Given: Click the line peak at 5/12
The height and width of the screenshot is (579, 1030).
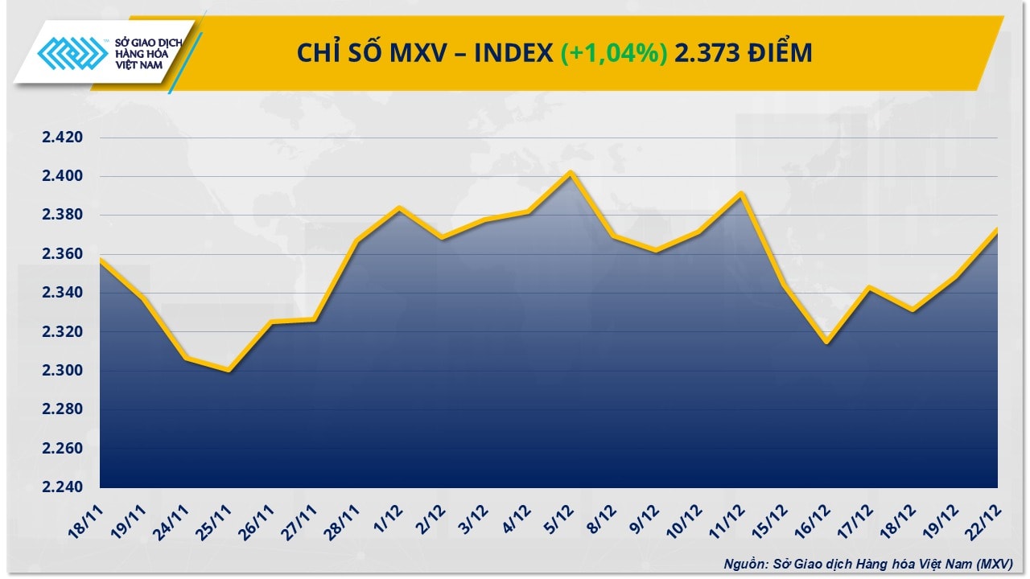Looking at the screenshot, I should (570, 172).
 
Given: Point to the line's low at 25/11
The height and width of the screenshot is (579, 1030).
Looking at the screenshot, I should (229, 371).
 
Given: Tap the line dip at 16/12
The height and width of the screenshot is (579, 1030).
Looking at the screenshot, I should (826, 343).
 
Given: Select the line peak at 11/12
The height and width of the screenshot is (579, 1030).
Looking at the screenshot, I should (741, 193).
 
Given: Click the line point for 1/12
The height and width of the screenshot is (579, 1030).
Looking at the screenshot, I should (400, 207).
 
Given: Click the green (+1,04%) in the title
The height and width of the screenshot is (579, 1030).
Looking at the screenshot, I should (613, 53).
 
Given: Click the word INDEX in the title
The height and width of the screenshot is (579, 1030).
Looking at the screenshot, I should (513, 53).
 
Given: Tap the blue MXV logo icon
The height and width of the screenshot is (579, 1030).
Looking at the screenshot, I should (73, 55).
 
